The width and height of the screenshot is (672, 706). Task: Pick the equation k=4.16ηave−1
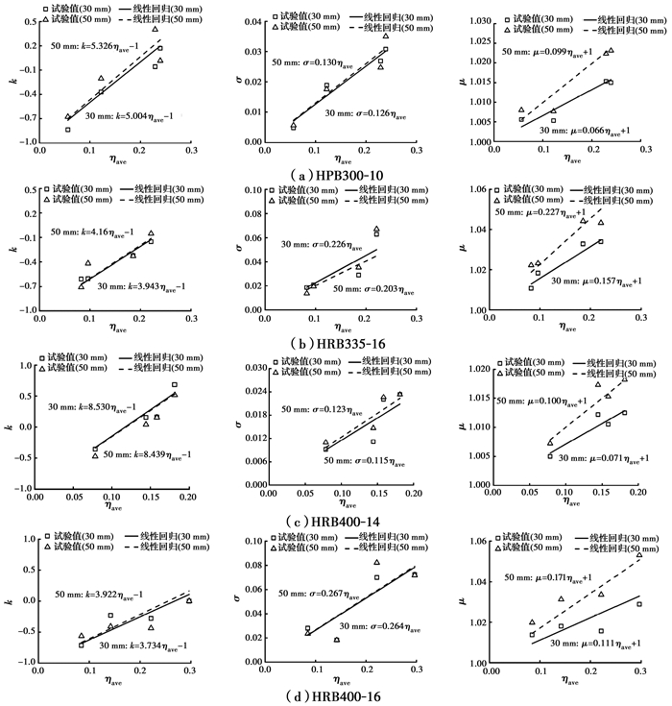click(91, 231)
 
